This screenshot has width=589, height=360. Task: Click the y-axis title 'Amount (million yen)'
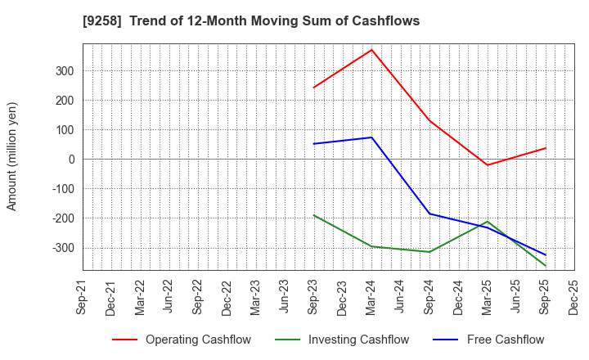click(12, 156)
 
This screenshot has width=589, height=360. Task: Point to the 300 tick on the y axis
click(65, 71)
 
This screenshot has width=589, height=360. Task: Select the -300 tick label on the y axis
click(63, 247)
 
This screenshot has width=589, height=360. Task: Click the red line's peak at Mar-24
click(372, 50)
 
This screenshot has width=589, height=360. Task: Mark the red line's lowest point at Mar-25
click(488, 165)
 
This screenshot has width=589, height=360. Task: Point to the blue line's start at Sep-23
click(314, 144)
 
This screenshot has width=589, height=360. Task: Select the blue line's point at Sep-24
click(430, 214)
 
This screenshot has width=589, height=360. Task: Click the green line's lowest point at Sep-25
click(546, 266)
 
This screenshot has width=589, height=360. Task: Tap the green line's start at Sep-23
click(314, 215)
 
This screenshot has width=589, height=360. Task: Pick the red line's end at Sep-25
click(546, 148)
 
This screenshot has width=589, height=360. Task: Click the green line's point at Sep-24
click(430, 252)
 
